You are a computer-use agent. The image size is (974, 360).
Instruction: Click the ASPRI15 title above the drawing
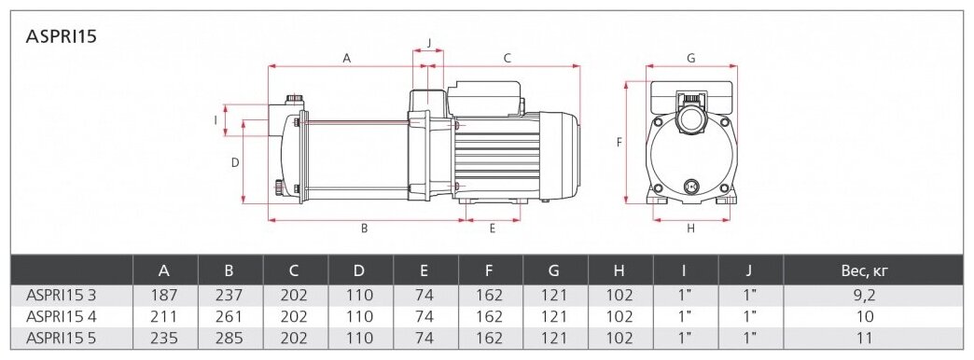[62, 36]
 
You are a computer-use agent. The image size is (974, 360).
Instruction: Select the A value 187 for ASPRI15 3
[164, 295]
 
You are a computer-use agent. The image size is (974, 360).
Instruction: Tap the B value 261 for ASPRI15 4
[229, 316]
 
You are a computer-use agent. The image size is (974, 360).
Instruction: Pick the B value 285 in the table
[229, 339]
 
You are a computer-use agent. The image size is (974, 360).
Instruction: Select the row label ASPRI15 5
[61, 339]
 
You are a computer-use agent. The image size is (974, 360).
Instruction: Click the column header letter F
[490, 270]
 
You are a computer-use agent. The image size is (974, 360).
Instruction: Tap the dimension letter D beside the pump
[235, 162]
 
